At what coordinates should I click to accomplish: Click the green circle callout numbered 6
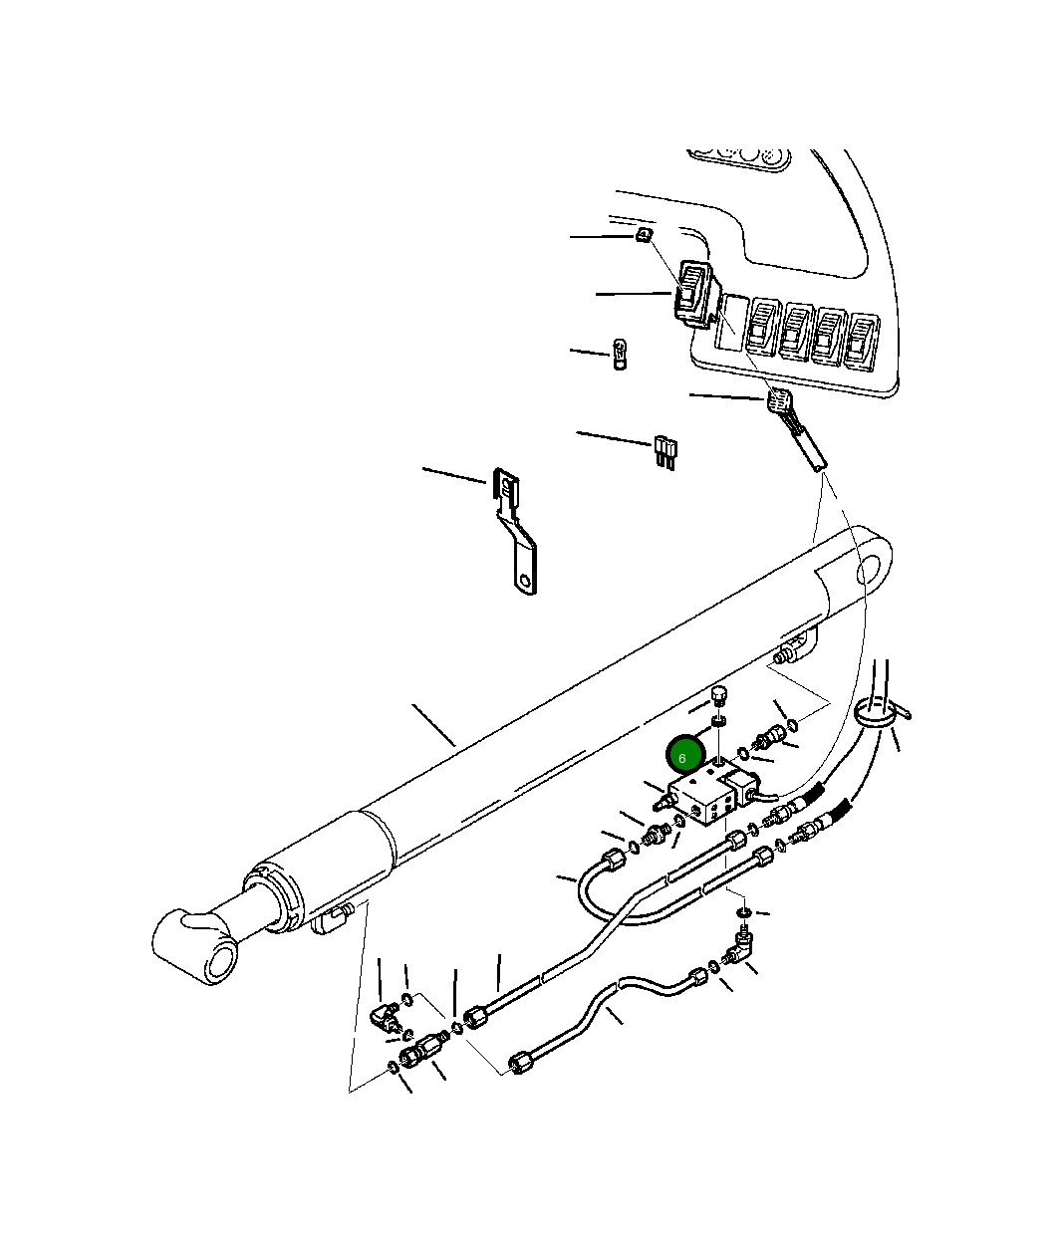pos(683,756)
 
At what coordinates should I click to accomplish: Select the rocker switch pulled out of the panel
pos(694,294)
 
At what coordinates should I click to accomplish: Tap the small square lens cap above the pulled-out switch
pos(644,236)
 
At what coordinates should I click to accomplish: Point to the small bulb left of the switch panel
pos(619,355)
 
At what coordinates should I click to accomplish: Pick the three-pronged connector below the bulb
pos(664,451)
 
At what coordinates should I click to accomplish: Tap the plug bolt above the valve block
pos(720,694)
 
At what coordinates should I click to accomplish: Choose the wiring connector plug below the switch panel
pos(779,403)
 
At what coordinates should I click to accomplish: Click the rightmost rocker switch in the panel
pos(861,341)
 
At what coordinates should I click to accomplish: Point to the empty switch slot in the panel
pos(732,321)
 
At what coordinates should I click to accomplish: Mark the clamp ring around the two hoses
pos(877,714)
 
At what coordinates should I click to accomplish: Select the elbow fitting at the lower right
pos(741,946)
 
